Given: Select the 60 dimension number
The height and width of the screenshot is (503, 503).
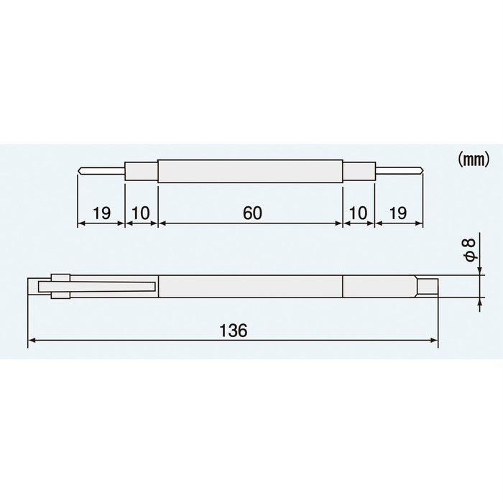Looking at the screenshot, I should (250, 213).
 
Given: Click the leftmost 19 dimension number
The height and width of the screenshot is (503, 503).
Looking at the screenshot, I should (101, 213).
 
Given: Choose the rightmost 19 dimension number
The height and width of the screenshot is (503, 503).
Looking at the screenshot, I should (399, 213).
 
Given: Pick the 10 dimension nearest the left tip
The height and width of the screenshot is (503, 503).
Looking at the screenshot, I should (141, 213).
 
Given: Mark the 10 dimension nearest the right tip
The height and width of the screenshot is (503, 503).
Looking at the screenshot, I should (357, 213).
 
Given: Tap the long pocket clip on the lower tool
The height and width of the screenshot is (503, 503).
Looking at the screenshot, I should (108, 287).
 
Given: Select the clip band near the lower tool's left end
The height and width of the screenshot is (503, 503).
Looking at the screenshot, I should (60, 286).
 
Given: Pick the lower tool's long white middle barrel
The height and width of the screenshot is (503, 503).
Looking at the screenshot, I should (249, 286).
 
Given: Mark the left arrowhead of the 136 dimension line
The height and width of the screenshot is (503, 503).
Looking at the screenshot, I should (32, 343).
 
